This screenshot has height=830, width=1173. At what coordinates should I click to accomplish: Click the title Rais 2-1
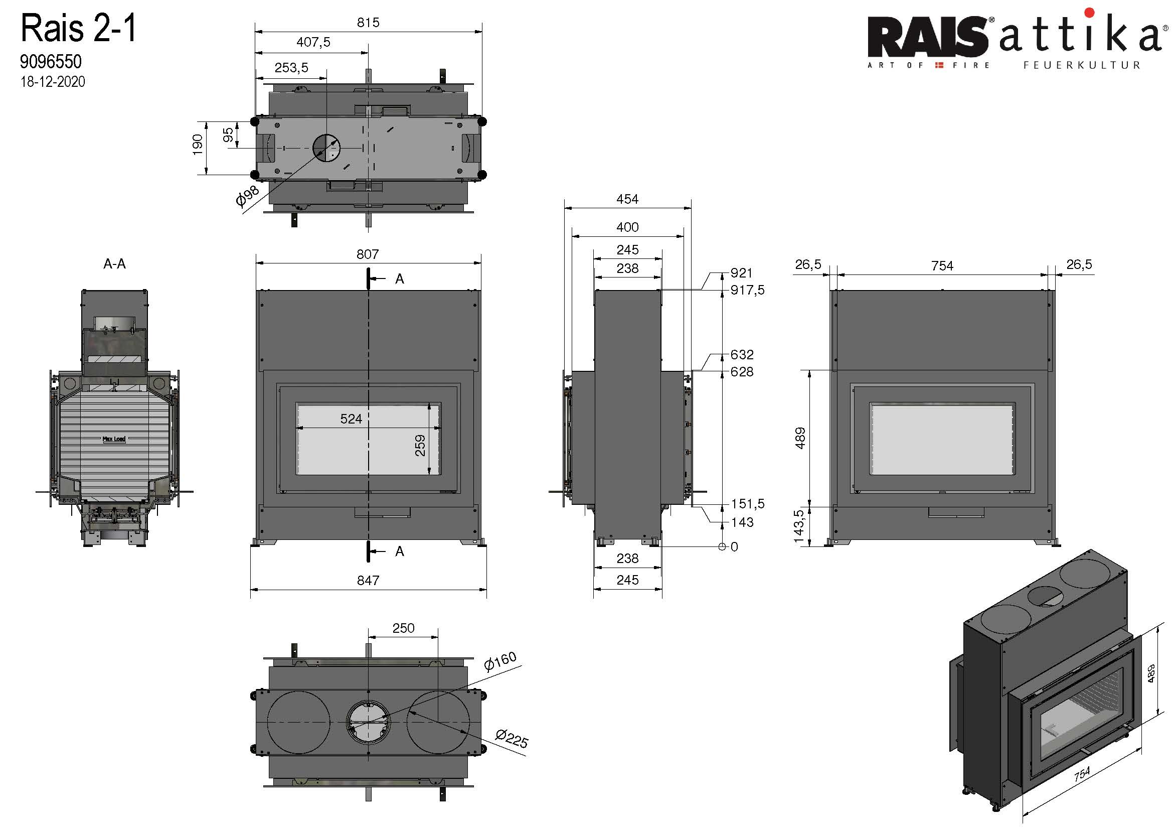[x=79, y=29]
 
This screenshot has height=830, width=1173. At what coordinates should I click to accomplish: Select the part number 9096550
[x=51, y=62]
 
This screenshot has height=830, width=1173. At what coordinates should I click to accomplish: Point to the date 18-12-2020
[x=53, y=82]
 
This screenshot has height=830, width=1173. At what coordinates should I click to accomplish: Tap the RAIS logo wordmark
[x=927, y=37]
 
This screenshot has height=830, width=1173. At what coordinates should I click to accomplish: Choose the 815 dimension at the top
[x=368, y=23]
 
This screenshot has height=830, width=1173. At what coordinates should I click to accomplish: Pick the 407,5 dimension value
[x=313, y=42]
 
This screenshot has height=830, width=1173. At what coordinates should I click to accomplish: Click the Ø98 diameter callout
[x=247, y=196]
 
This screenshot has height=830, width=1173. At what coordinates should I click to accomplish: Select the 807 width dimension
[x=367, y=254]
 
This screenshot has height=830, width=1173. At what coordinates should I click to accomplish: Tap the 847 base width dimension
[x=368, y=580]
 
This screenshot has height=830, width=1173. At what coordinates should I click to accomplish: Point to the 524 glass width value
[x=351, y=419]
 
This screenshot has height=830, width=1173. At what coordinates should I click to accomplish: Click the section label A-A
[x=114, y=264]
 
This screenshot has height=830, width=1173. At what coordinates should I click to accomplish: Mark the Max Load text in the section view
[x=114, y=439]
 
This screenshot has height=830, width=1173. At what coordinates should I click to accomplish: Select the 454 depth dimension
[x=627, y=199]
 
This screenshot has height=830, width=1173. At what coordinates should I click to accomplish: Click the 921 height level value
[x=741, y=273]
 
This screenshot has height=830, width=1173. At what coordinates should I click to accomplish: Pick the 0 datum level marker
[x=734, y=547]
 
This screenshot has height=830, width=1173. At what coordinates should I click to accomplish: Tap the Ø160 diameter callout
[x=500, y=661]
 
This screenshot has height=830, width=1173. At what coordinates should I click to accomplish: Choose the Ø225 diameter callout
[x=512, y=738]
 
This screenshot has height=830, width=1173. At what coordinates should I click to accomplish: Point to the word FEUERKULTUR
[x=1082, y=65]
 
